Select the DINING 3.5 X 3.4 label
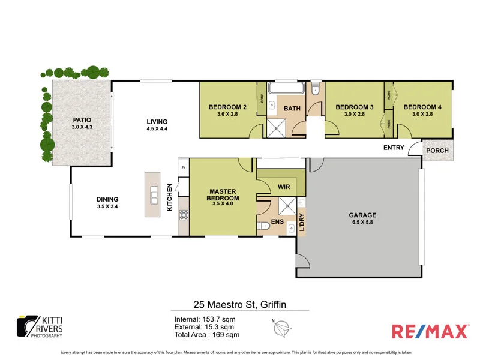(x=108, y=203)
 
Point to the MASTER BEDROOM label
(x=223, y=194)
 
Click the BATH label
(x=292, y=109)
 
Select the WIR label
(x=284, y=187)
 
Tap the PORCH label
(x=437, y=150)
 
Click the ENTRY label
(x=394, y=148)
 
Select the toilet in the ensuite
(x=264, y=226)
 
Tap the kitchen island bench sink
(x=154, y=196)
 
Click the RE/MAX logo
(x=429, y=331)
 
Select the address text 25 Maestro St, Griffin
(x=239, y=305)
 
